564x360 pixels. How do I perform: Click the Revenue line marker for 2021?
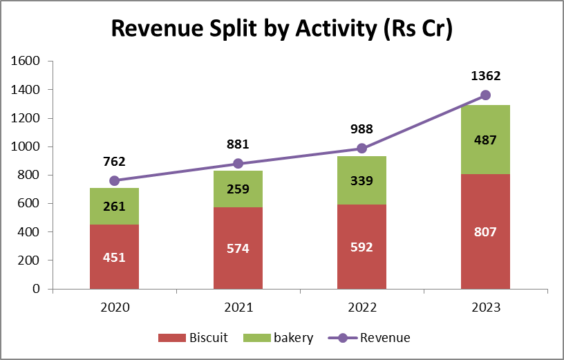238,164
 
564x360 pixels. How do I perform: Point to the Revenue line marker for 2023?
485,95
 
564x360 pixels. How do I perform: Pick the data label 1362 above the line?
485,76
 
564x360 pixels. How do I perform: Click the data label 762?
114,162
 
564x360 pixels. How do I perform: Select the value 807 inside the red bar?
485,232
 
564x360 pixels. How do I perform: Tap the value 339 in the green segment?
361,181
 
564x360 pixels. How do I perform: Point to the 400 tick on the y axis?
30,232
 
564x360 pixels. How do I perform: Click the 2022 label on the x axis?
361,307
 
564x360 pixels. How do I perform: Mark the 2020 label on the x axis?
114,307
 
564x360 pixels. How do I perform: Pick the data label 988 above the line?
361,129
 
